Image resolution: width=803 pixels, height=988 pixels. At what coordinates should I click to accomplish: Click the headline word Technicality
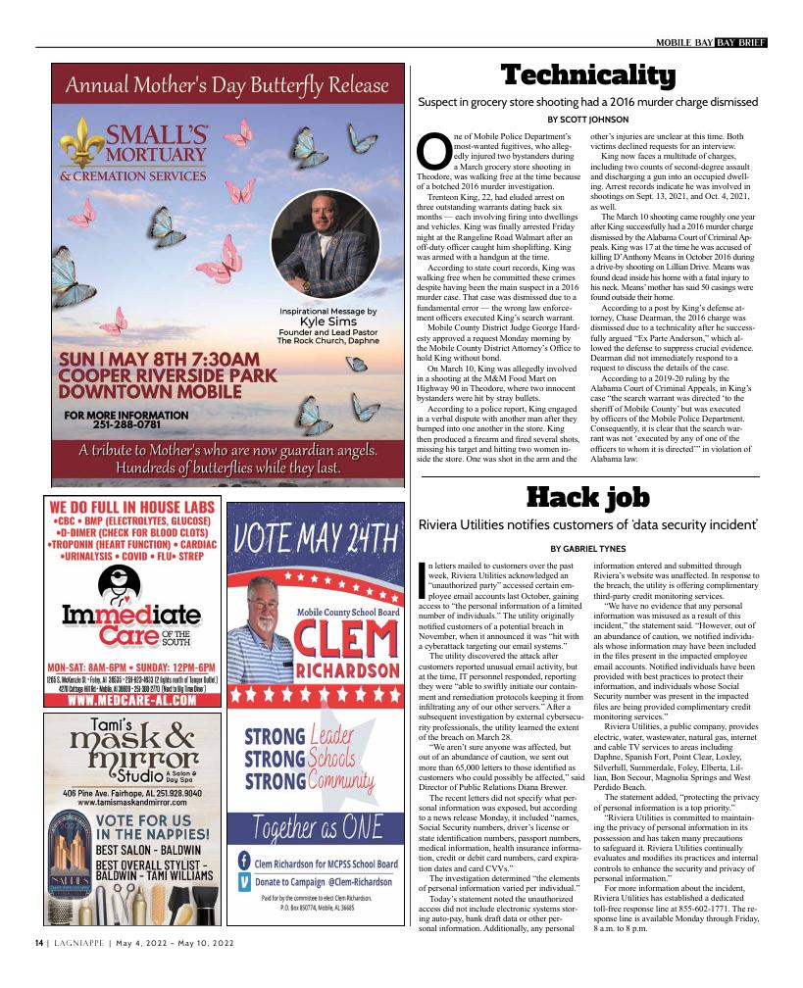[587, 75]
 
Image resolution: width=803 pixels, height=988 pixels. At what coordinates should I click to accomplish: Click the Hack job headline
[588, 499]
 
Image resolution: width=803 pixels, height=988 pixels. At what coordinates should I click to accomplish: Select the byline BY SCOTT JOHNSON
[587, 120]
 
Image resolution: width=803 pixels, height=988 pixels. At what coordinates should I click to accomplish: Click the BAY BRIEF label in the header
[740, 42]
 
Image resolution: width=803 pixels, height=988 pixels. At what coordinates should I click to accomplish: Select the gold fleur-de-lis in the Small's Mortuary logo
[80, 146]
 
